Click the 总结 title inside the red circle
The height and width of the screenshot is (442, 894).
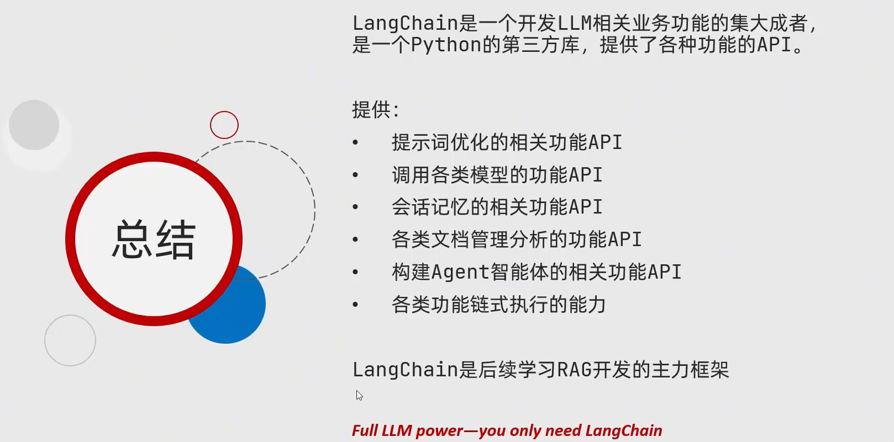[154, 239]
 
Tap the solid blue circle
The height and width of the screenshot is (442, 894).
[238, 315]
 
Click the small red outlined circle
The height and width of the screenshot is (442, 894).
[224, 125]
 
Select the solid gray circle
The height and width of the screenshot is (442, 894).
[34, 125]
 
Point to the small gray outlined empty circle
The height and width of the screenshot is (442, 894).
[70, 340]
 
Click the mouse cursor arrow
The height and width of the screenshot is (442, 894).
[359, 395]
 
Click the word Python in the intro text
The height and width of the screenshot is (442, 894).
[446, 45]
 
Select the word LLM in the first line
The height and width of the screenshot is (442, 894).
[574, 23]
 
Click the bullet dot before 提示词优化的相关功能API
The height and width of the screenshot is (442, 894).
[355, 143]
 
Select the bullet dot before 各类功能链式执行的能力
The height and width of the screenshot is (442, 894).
[355, 305]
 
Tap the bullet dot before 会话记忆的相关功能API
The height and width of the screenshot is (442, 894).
[355, 207]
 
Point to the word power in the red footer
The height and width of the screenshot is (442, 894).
[439, 431]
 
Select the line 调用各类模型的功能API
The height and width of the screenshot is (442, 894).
[497, 175]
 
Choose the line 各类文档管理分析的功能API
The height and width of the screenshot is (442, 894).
[517, 239]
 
